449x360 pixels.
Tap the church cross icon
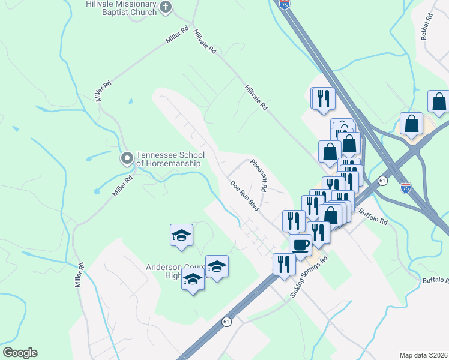tap(166, 7)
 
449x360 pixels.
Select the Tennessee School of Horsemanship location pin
tap(127, 158)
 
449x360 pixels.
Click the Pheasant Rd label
tap(258, 176)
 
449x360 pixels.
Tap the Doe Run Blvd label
tap(245, 196)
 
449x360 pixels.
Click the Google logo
tap(20, 353)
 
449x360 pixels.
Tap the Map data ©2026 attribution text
tap(423, 355)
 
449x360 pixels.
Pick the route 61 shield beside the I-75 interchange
tap(382, 180)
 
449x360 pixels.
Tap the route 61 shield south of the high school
tap(226, 322)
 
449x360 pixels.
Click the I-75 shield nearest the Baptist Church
tap(284, 4)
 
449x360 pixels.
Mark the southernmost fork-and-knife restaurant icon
tap(284, 263)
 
